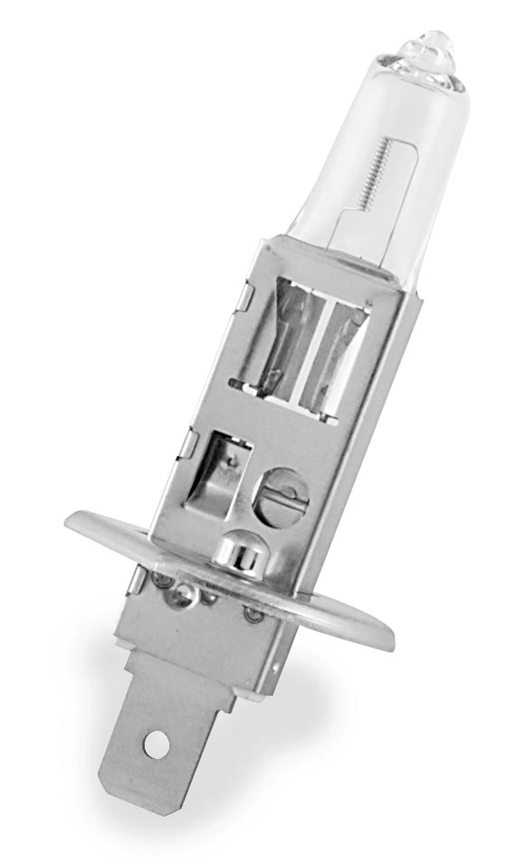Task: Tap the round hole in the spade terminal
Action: click(157, 745)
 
